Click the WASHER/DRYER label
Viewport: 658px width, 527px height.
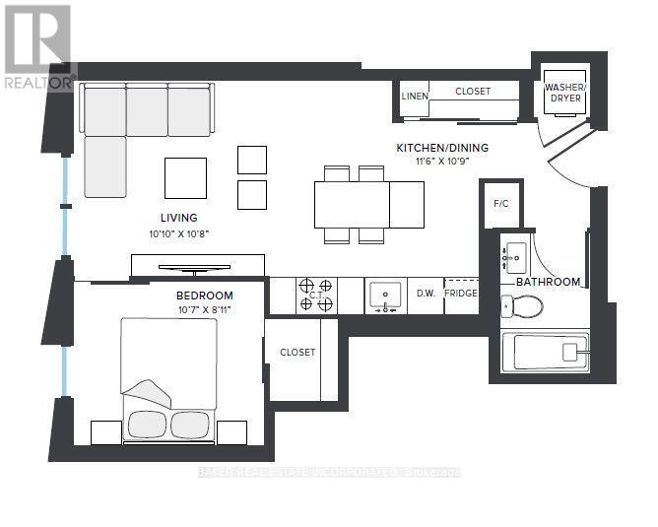565,93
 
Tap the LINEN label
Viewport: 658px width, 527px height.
415,96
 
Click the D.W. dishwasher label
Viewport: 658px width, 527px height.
426,294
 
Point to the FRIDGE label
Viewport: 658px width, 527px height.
461,294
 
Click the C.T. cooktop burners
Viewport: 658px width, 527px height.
317,295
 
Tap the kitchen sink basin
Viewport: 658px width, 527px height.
384,294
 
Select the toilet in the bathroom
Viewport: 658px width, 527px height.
520,307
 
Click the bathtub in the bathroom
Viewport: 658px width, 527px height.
545,352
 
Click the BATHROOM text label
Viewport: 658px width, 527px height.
549,282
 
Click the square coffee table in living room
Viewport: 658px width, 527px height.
185,177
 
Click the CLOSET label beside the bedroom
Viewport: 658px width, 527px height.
297,352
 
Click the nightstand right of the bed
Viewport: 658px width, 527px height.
231,432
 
